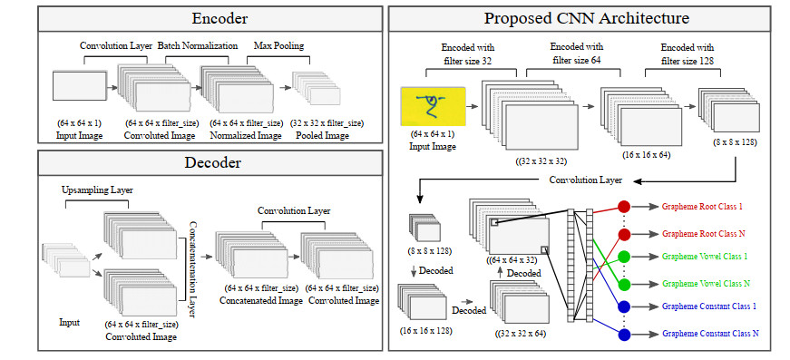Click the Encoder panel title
(219, 19)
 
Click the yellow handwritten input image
(433, 106)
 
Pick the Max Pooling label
(278, 46)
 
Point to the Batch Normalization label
(198, 46)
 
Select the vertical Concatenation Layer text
(191, 269)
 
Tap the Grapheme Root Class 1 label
(702, 207)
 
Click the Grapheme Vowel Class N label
(706, 284)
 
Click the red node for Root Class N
(624, 235)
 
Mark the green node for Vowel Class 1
(624, 257)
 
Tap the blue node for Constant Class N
(624, 335)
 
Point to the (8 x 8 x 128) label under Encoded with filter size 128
(735, 142)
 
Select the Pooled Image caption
(323, 135)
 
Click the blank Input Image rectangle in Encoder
(80, 85)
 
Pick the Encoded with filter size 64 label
(578, 54)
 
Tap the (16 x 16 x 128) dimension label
(425, 331)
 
